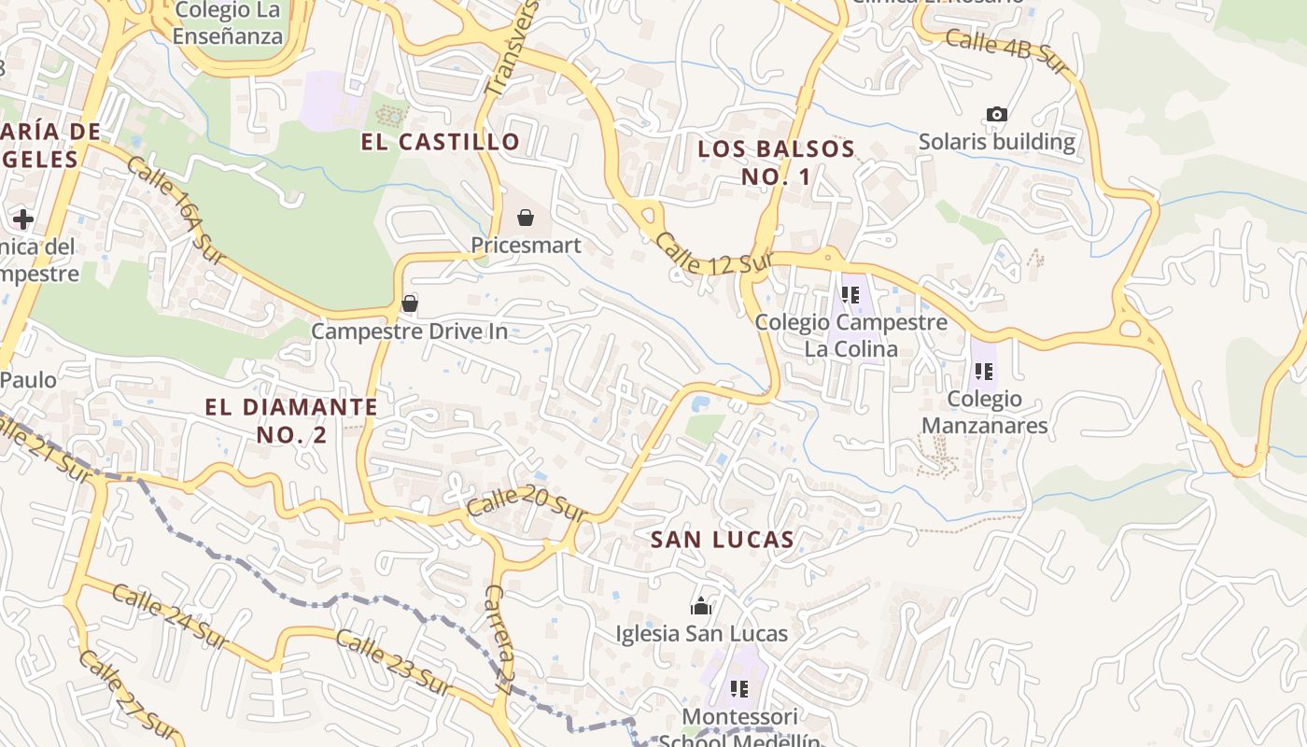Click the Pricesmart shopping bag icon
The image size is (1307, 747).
(526, 218)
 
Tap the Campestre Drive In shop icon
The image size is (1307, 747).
(409, 303)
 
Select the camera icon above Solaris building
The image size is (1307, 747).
(997, 115)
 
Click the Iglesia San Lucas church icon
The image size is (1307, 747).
(701, 607)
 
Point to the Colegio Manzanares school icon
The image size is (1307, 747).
(983, 372)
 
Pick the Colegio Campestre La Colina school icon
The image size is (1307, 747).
(850, 295)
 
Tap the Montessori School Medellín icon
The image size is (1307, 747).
(739, 689)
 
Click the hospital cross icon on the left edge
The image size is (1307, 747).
(22, 219)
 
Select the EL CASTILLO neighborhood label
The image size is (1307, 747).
(441, 142)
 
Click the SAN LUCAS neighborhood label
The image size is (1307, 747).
(723, 540)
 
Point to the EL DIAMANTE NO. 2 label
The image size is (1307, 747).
(291, 420)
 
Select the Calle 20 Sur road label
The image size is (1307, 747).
(527, 507)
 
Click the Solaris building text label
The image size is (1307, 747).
(997, 142)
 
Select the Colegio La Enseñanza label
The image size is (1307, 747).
(228, 23)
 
